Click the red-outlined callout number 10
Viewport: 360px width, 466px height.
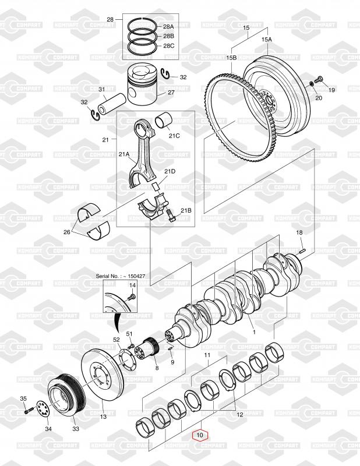(x=200, y=435)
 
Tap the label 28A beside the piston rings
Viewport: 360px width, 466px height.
(x=168, y=26)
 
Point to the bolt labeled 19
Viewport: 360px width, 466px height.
(x=319, y=80)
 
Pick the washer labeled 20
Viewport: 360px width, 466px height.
(x=311, y=84)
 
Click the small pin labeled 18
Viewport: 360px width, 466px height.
(x=302, y=251)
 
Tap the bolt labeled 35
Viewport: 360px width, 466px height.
(x=27, y=412)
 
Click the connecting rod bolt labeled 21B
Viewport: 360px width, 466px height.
(x=171, y=216)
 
